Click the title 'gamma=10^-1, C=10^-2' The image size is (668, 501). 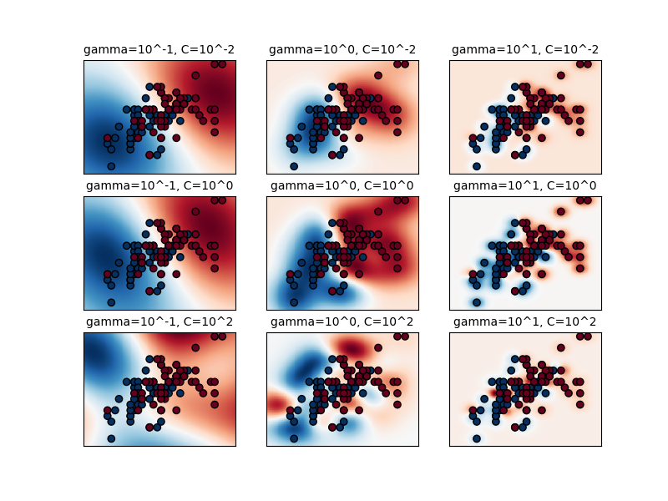159,50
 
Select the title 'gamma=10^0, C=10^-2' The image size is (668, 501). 342,50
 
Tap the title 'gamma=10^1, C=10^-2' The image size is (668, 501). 525,50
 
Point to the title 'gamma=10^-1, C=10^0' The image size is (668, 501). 159,185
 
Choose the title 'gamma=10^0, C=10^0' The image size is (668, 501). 342,185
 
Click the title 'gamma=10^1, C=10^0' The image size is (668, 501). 525,185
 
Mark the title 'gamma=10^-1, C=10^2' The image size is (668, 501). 159,321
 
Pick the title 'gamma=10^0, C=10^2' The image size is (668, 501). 342,321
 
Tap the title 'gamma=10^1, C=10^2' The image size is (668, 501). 525,321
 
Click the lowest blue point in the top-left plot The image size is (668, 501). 111,166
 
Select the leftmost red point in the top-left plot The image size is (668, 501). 107,138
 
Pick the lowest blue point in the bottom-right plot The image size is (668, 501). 477,438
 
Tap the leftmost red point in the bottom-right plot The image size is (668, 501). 473,410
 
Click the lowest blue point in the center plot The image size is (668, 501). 294,302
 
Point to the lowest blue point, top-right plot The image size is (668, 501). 477,166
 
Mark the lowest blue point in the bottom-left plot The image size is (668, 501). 111,438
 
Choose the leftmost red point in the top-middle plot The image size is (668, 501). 290,138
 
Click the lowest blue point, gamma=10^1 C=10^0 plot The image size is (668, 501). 477,302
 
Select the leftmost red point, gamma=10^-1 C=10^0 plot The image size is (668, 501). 107,274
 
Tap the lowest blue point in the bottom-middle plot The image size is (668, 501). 294,438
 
